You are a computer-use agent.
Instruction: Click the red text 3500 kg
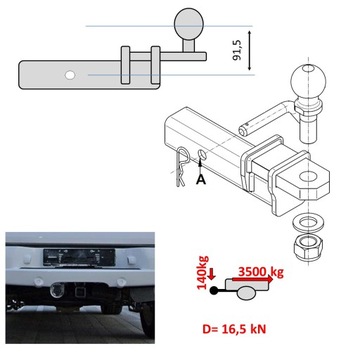click(x=260, y=271)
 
